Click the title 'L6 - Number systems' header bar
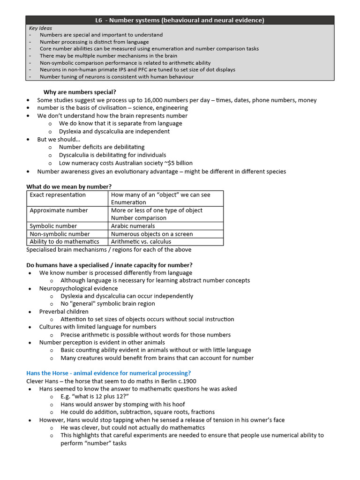(180, 20)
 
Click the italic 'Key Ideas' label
(40, 28)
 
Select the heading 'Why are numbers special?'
(80, 92)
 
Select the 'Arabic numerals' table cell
(133, 226)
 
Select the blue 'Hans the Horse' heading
(108, 373)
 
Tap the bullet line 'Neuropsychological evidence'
(78, 288)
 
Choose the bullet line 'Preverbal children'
(64, 311)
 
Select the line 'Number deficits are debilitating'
(102, 147)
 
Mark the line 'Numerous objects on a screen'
(152, 234)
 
